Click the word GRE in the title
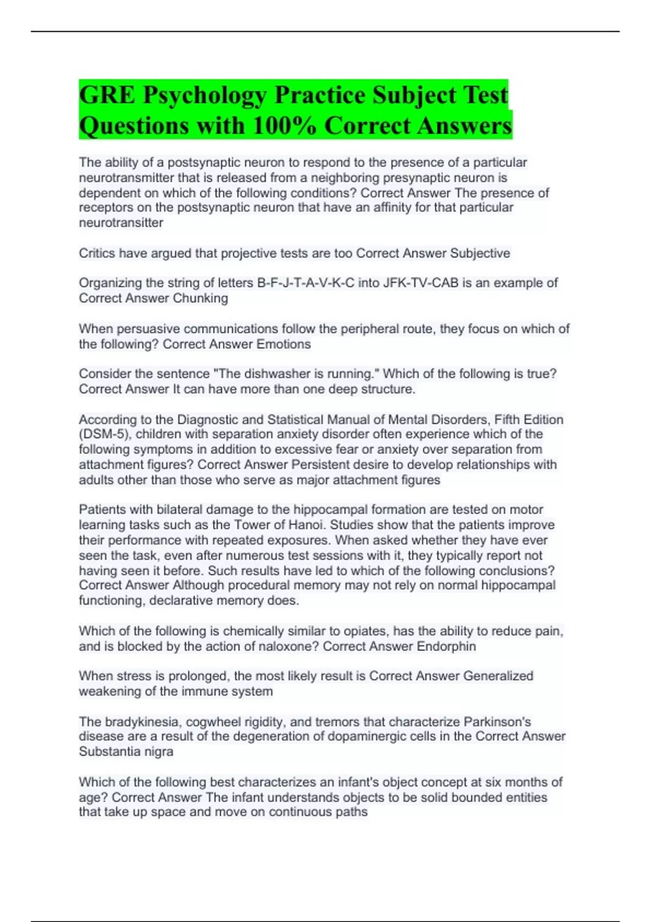107,95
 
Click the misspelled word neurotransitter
121,223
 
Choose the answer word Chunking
200,298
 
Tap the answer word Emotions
283,344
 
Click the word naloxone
292,646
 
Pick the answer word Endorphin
446,646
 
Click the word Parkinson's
497,722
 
